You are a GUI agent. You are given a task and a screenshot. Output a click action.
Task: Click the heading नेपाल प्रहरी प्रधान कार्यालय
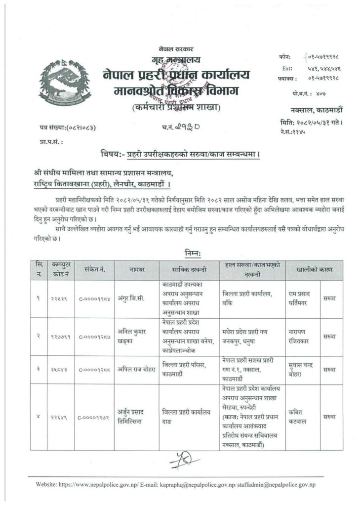(176, 76)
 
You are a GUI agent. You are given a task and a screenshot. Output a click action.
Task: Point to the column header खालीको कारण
(314, 270)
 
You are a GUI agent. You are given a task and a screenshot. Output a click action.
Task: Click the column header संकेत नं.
(95, 270)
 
